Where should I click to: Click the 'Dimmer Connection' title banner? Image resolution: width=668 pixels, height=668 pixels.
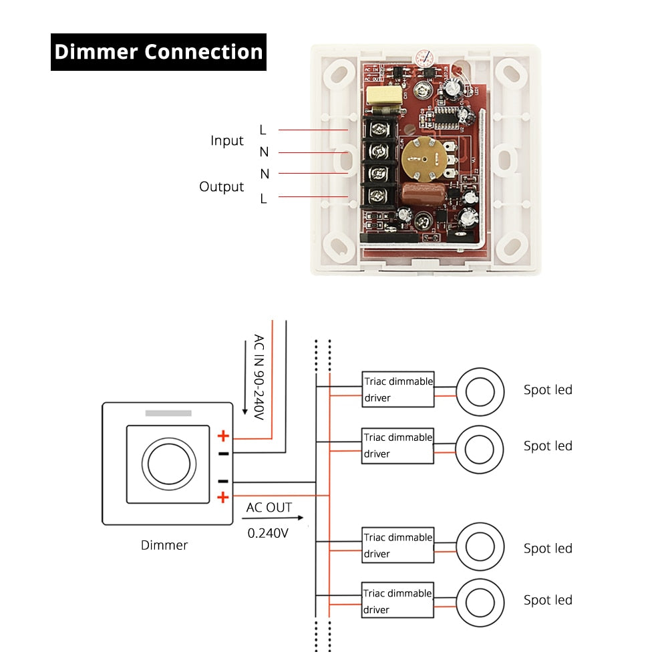(158, 52)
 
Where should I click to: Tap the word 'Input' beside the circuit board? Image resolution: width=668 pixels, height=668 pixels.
(227, 141)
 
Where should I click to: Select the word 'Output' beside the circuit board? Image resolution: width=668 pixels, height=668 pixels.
(221, 186)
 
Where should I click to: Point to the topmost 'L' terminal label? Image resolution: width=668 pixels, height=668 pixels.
(263, 129)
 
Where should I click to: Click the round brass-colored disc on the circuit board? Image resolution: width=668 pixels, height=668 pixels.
(420, 158)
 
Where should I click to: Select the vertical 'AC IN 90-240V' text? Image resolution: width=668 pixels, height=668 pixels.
(259, 377)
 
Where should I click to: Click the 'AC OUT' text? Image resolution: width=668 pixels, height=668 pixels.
(269, 508)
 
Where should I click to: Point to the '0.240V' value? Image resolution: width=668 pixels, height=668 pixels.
(268, 533)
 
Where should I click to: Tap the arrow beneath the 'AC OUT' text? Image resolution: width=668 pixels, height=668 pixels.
(274, 518)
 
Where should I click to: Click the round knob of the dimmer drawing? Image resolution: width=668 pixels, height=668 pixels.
(169, 463)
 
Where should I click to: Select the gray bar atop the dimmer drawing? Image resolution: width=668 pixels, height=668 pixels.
(168, 413)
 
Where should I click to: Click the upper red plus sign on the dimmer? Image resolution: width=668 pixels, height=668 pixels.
(223, 436)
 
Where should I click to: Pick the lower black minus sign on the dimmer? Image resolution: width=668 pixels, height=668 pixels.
(223, 481)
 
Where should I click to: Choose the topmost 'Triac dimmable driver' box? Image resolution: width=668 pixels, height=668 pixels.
(398, 389)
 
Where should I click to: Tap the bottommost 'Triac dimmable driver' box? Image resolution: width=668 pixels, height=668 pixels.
(398, 601)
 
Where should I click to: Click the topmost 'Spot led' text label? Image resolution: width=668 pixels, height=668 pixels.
(548, 390)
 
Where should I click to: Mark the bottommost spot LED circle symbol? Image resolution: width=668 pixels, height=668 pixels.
(480, 601)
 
